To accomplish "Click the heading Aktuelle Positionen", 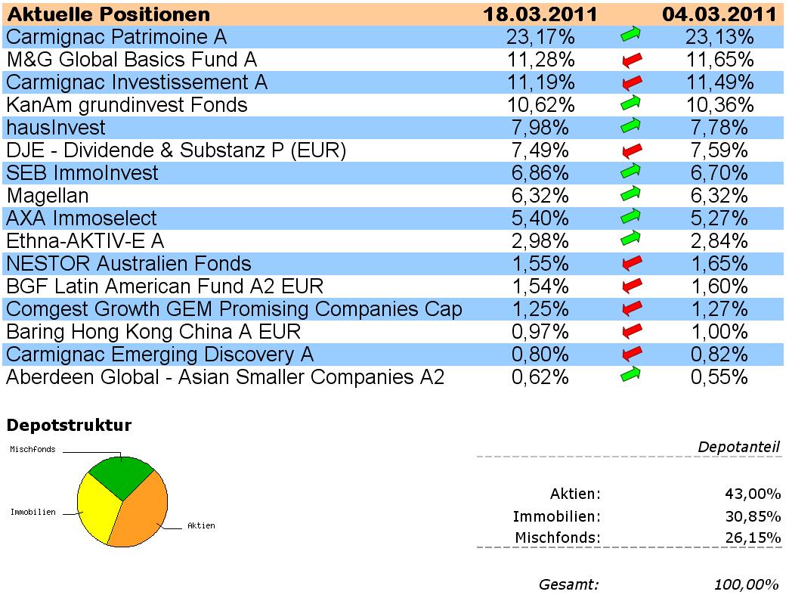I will (x=108, y=14).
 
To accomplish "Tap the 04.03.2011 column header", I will (x=719, y=14).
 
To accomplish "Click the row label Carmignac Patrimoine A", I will (x=116, y=37).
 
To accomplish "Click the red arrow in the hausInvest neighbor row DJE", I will (x=630, y=151).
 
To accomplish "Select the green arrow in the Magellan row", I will (x=630, y=196).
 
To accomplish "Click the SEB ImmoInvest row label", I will (x=82, y=173).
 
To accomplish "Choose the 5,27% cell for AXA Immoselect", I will (x=719, y=218).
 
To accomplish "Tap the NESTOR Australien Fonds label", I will (x=128, y=264).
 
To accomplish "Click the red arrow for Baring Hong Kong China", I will (x=630, y=332).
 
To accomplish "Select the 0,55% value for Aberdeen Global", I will (x=719, y=377).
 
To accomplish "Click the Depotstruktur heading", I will (x=69, y=426).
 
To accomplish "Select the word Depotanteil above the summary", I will (x=738, y=448).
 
